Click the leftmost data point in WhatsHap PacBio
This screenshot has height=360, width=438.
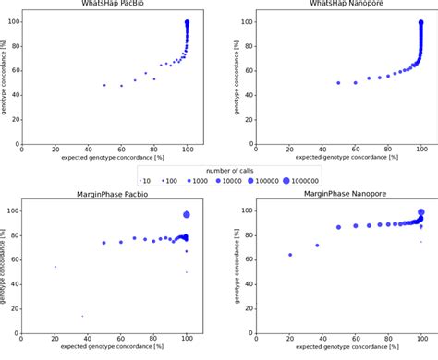coord(104,85)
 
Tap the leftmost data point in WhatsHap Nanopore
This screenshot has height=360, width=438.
coord(338,83)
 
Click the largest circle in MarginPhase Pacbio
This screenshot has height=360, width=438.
coord(187,214)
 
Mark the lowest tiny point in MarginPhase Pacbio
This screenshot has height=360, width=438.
coord(82,316)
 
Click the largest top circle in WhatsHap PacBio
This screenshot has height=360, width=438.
coord(187,23)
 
